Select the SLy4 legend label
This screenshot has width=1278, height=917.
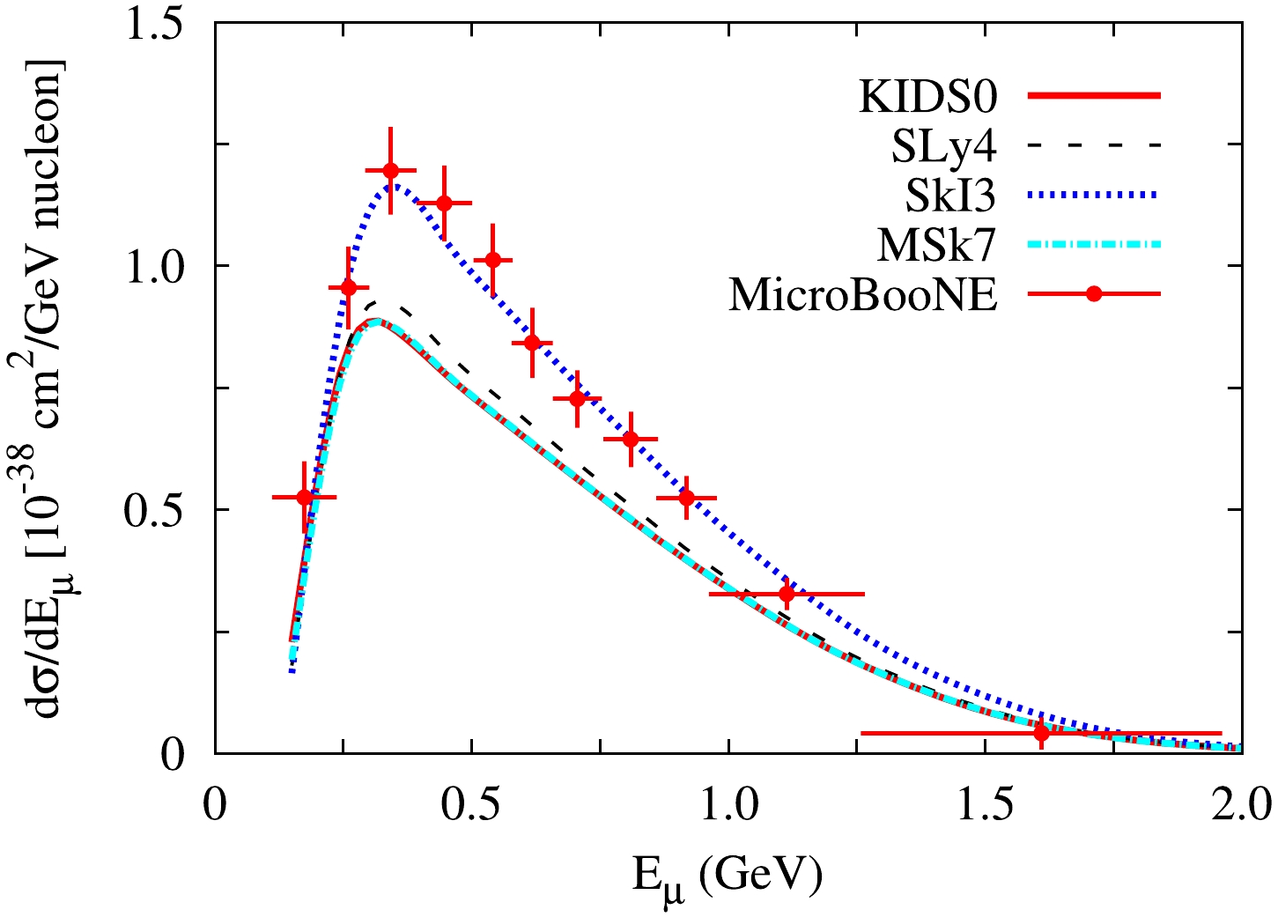(943, 146)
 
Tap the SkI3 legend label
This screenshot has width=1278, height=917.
(950, 196)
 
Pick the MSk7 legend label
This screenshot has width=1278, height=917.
(936, 245)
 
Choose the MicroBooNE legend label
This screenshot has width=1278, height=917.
(863, 295)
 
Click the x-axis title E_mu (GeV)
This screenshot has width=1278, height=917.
(728, 876)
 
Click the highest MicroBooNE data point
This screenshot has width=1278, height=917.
(390, 170)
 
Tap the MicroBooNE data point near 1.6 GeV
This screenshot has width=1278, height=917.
(1041, 732)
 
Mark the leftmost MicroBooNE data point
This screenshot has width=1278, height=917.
(305, 497)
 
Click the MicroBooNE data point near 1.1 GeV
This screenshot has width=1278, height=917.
(787, 595)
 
